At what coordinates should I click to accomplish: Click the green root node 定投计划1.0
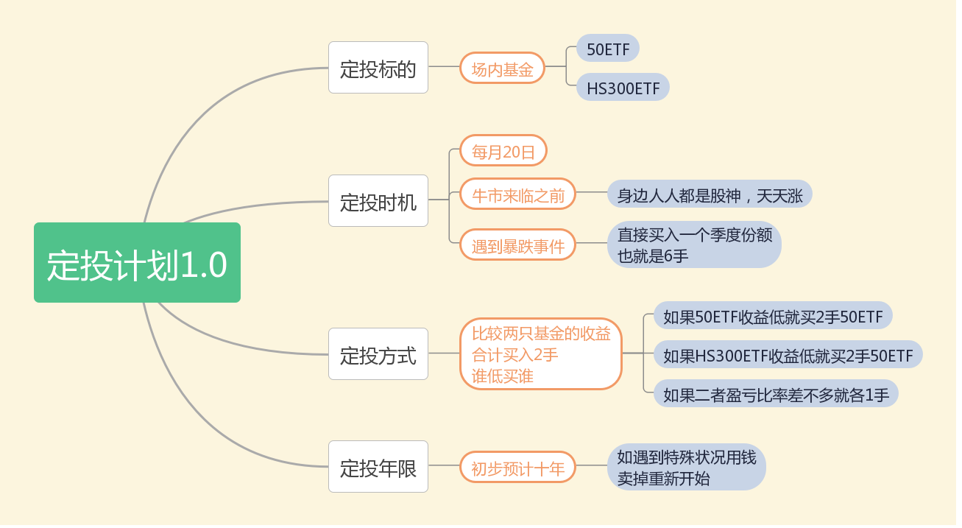tap(137, 263)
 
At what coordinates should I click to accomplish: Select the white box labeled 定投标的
tap(378, 68)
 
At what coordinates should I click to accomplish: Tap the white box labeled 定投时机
tap(378, 200)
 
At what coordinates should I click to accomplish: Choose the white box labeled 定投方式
tap(378, 354)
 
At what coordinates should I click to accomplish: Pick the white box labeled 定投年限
tap(378, 466)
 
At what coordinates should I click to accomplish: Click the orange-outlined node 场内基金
tap(502, 68)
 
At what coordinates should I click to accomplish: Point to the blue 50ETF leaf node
tap(608, 49)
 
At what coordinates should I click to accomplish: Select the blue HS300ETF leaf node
tap(623, 87)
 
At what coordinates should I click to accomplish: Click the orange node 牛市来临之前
tap(517, 194)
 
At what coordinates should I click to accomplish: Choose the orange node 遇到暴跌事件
tap(517, 244)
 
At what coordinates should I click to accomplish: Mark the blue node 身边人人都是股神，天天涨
tap(710, 194)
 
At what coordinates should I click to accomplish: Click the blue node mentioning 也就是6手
tap(694, 244)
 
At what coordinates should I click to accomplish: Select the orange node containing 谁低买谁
tap(541, 354)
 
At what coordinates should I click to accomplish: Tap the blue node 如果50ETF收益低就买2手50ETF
tap(773, 316)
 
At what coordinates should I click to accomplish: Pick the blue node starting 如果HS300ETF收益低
tap(788, 355)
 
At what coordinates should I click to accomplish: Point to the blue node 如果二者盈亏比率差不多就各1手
tap(776, 393)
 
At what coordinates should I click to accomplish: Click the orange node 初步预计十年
tap(517, 467)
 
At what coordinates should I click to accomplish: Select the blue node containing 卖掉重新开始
tap(686, 467)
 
